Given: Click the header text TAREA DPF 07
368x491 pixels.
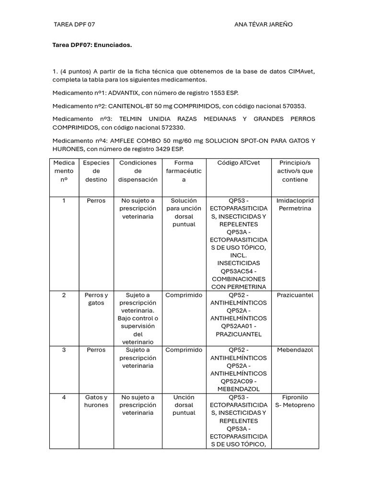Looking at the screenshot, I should tap(78, 24).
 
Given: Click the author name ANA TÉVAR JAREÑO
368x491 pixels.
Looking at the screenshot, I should tap(263, 24).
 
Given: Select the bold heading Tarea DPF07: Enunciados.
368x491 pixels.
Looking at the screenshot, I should tap(92, 45).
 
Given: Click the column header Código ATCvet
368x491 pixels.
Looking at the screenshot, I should tap(239, 163).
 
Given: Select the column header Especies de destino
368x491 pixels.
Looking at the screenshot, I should tap(96, 171).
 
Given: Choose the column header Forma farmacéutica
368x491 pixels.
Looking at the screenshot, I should tap(184, 171).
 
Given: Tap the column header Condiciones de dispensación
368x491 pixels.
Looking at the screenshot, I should tap(138, 171).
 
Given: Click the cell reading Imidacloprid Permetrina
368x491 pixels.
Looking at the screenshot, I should tap(295, 205).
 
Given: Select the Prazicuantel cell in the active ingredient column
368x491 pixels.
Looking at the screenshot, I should tap(295, 295).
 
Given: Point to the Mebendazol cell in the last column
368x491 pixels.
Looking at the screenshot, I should tap(295, 350).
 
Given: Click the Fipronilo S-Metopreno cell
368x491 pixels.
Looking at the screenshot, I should tap(295, 401).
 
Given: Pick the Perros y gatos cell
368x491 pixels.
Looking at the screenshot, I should tap(96, 299).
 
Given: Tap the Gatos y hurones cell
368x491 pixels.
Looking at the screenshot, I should tap(96, 401).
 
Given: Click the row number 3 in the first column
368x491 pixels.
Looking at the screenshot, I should tap(64, 350).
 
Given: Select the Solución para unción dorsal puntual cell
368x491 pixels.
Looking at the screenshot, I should tap(184, 212).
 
